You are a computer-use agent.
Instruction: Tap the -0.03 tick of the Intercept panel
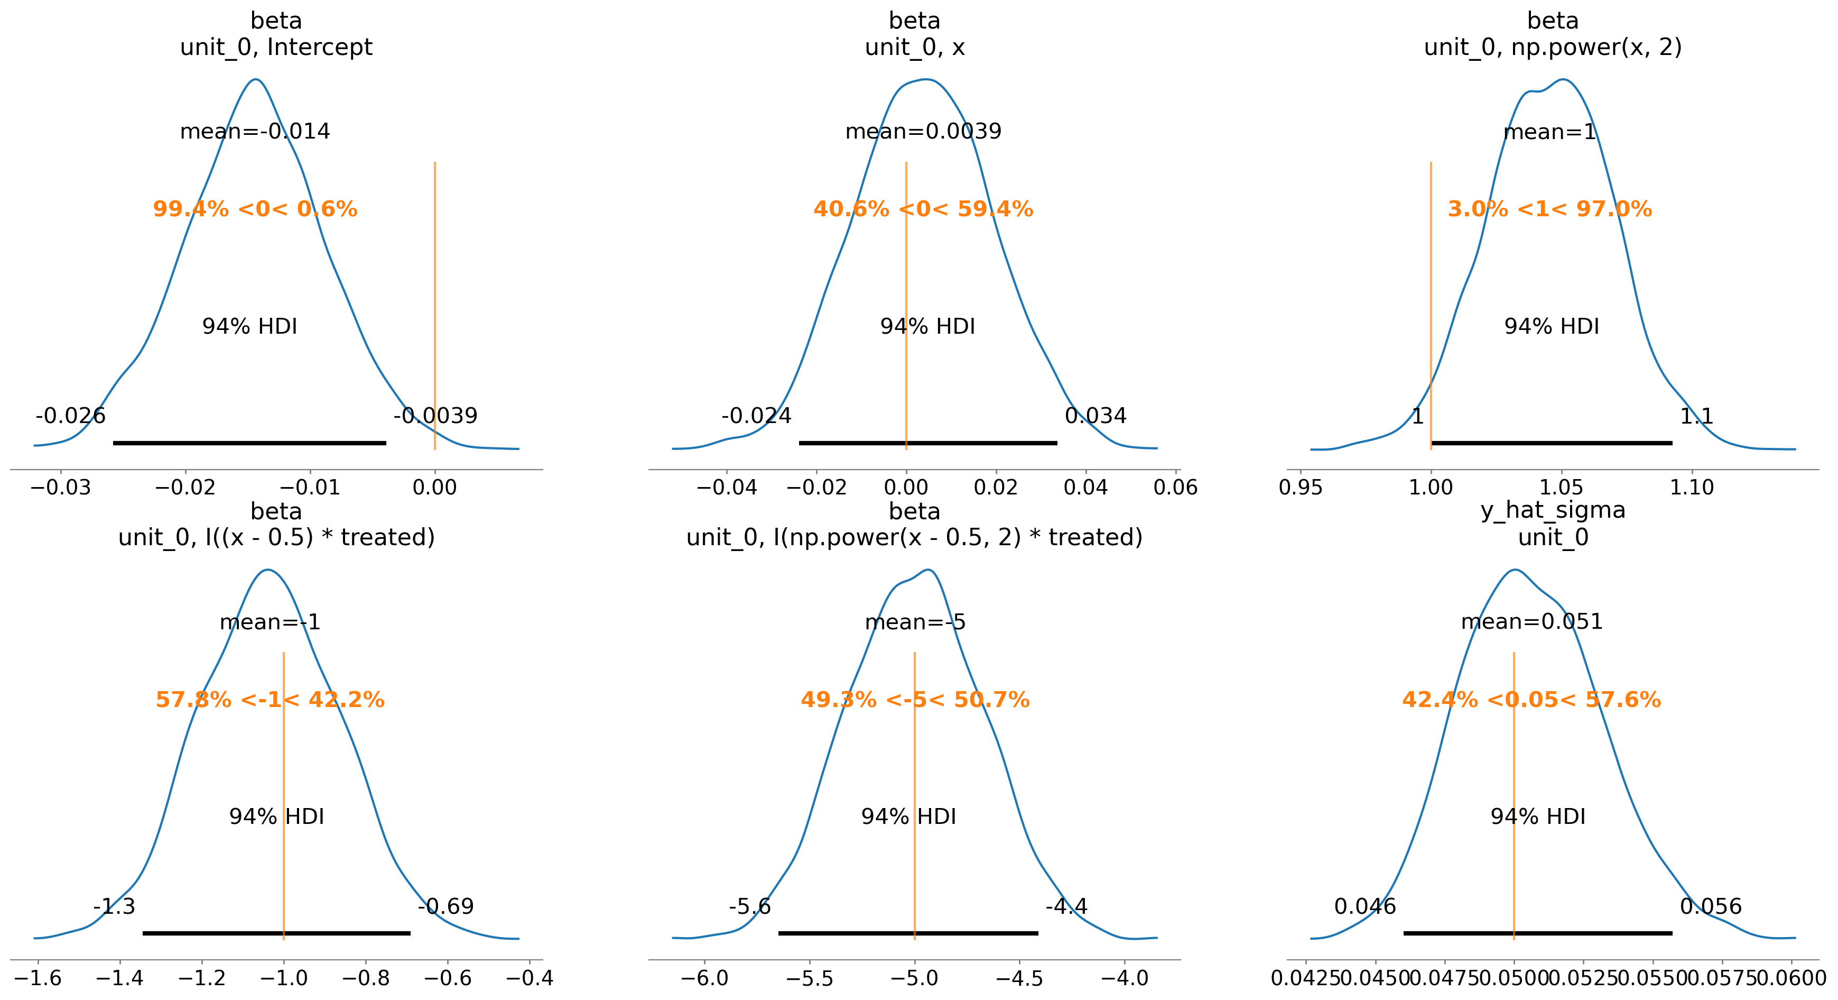[61, 488]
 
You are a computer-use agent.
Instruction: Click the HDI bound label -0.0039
[435, 416]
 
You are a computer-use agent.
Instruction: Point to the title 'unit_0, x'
[915, 47]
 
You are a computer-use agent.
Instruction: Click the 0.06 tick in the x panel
[1175, 488]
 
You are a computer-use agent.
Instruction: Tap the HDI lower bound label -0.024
[756, 416]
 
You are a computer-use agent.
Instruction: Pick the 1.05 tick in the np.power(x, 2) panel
[1561, 488]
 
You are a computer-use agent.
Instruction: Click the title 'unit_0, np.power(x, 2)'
[1553, 47]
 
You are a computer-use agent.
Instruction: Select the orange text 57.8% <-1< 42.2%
[270, 700]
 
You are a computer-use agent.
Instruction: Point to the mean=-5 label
[915, 622]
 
